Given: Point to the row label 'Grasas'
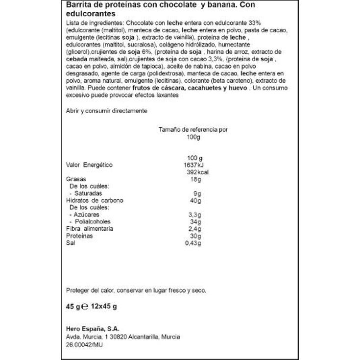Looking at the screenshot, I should (x=76, y=179).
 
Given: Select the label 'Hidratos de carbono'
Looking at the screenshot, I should (x=95, y=200).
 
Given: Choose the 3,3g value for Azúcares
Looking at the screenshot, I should (x=194, y=215).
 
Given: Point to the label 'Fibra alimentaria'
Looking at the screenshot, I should (x=90, y=229).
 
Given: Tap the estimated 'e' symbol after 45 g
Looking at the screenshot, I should (x=84, y=308).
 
